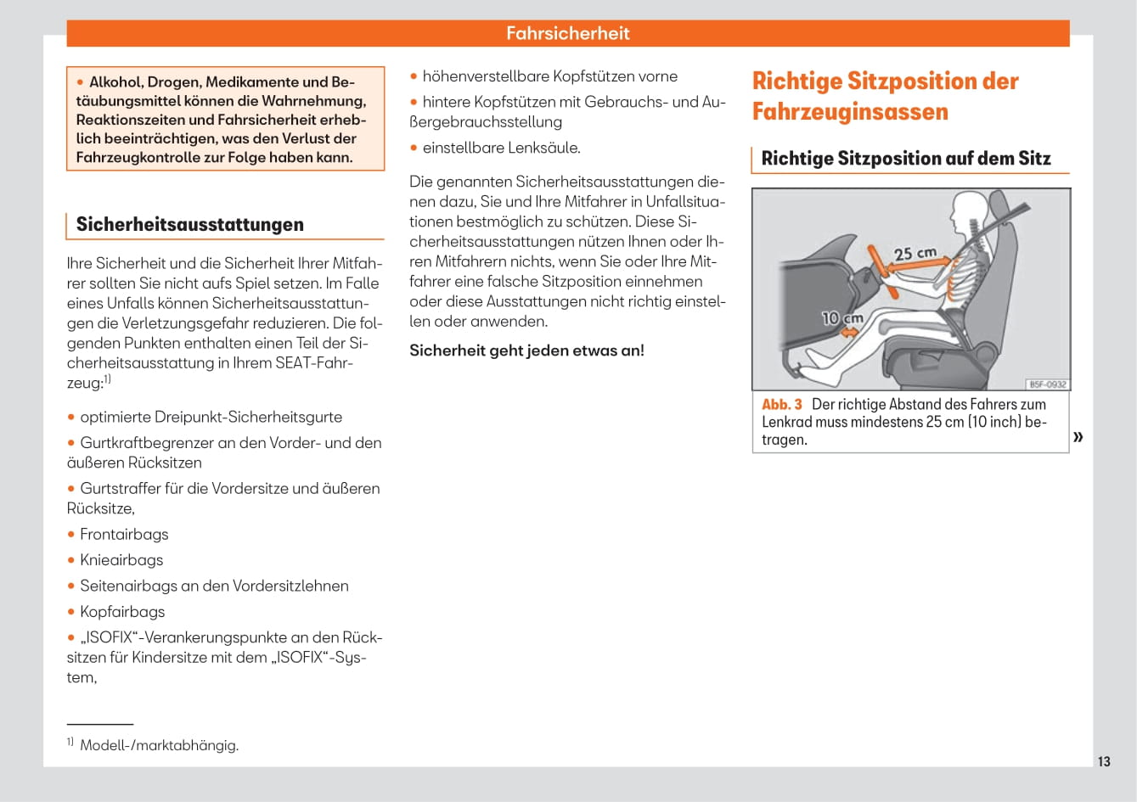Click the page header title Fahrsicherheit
coord(568,33)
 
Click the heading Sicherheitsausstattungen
coord(189,224)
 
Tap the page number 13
coord(1104,761)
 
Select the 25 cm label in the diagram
coord(915,253)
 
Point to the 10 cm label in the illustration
coord(842,318)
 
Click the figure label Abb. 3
coord(781,405)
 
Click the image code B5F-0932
coord(1048,384)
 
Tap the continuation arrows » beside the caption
coord(1078,437)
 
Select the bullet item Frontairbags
coord(124,534)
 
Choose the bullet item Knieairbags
coord(121,560)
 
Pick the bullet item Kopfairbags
coord(122,612)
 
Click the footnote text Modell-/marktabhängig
coord(159,745)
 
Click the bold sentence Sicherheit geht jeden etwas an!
coord(526,351)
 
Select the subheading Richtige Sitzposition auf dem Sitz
coord(906,159)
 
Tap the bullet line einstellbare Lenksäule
coord(501,148)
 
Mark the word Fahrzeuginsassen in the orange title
coord(850,112)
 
